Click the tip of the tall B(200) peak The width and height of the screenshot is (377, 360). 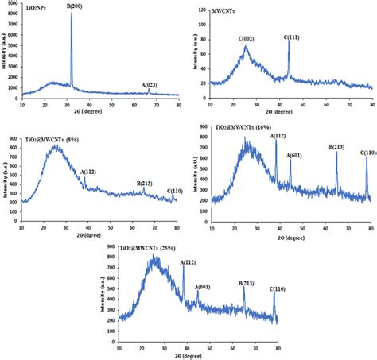(72, 12)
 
